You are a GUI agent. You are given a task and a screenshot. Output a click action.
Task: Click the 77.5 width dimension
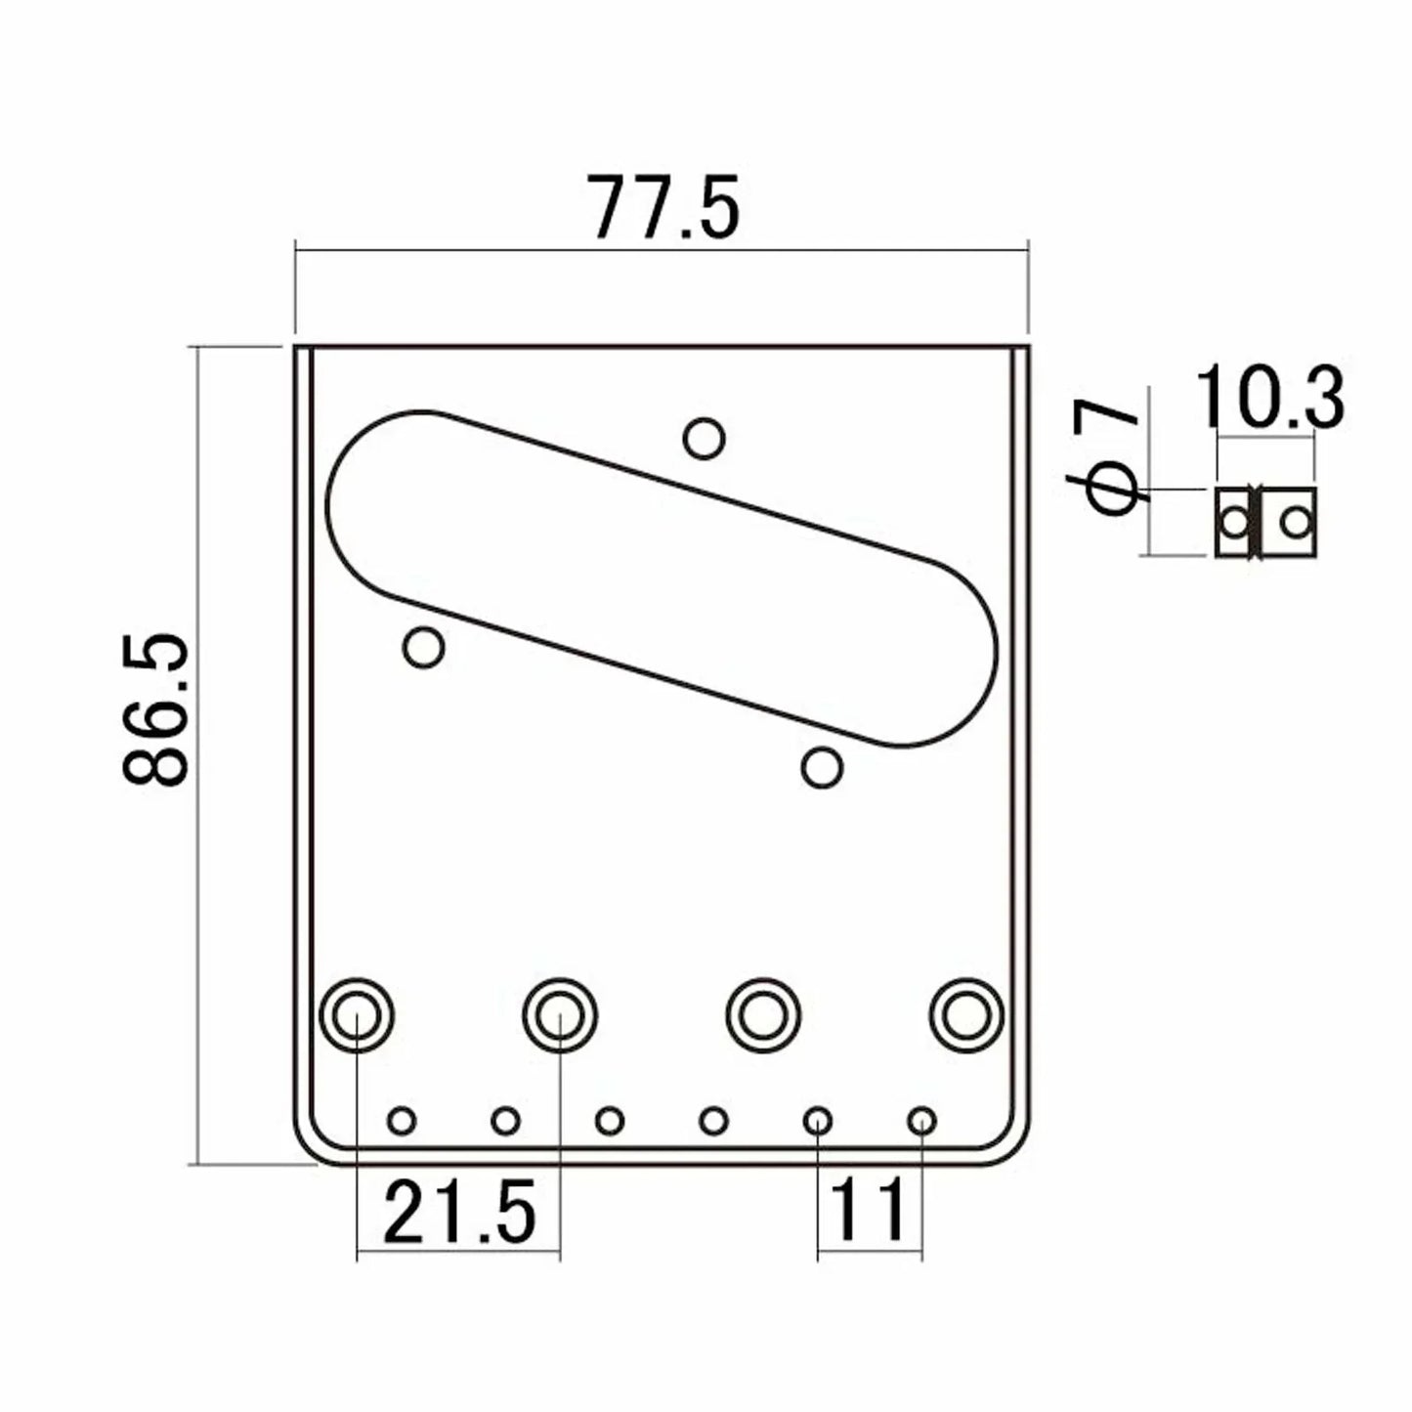coord(663,208)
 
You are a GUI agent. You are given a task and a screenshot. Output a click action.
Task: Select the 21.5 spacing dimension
coord(459,1212)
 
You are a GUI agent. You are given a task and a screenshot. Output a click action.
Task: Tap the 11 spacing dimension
coord(869,1212)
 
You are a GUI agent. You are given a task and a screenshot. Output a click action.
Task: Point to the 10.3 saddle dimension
coord(1268,397)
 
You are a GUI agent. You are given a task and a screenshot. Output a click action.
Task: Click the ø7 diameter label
coord(1110,454)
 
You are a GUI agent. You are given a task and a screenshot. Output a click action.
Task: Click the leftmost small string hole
coord(402,1120)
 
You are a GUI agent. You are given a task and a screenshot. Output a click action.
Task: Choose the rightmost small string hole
coord(921,1120)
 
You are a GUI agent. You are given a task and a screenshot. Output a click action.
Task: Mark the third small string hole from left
coord(610,1120)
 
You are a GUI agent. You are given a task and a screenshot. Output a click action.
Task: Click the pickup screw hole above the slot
coord(704,438)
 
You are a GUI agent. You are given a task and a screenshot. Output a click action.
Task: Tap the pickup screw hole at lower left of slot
coord(424,647)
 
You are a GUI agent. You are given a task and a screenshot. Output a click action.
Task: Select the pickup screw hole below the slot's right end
coord(822,768)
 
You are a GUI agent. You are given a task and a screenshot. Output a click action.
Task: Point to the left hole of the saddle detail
coord(1236,523)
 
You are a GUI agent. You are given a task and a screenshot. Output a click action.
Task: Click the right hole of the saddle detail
coord(1296,523)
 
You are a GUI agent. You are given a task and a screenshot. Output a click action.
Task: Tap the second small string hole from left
coord(505,1120)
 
